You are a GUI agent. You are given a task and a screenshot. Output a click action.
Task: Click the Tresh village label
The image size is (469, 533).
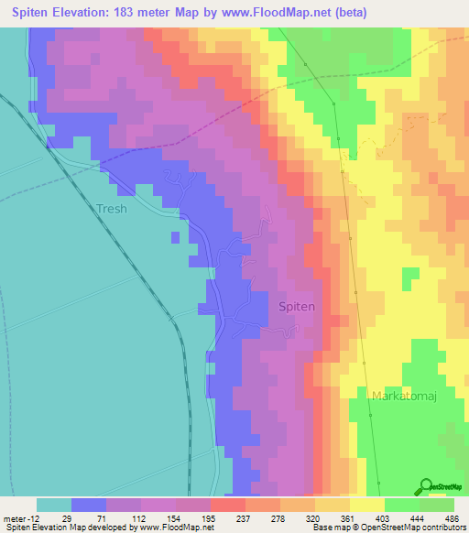111,208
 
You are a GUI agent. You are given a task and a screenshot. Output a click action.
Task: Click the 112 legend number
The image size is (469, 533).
141,517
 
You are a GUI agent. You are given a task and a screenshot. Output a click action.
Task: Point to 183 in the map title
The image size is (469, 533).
131,12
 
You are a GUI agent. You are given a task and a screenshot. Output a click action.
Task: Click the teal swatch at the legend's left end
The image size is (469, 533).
54,505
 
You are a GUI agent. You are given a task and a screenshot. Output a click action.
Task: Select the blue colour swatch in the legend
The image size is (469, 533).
89,505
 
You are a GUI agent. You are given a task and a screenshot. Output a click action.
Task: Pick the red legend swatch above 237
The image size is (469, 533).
228,505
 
